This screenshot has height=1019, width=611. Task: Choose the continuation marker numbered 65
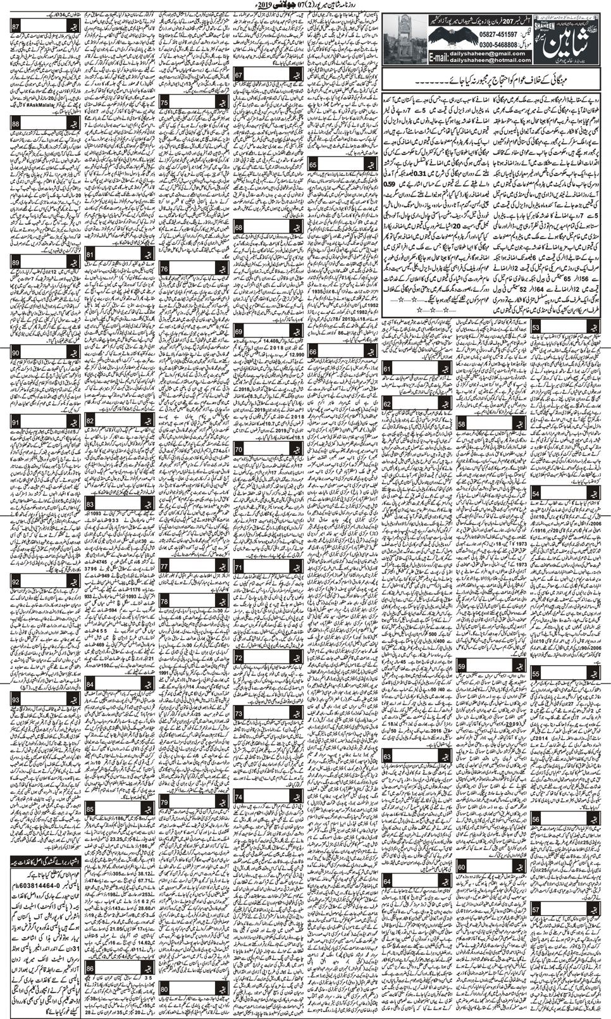tap(313, 165)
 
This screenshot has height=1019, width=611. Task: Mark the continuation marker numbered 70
tap(238, 450)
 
